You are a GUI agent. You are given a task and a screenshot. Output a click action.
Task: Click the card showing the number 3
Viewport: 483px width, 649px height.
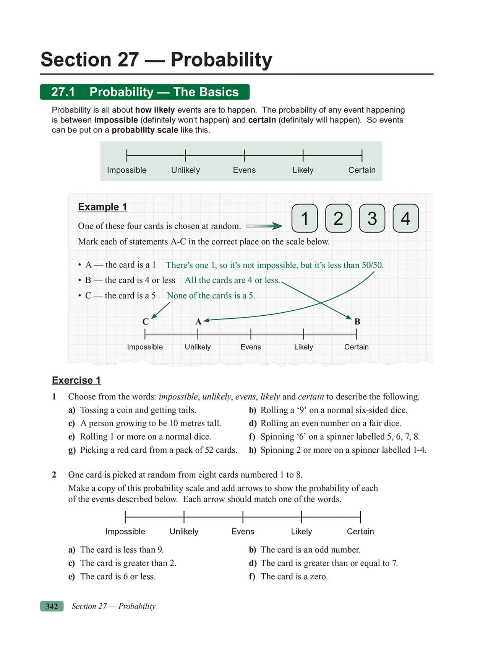pos(372,219)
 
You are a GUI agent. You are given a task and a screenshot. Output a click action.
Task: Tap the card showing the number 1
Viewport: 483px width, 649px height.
pos(305,219)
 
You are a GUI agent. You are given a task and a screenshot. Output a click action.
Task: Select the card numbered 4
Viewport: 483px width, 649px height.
pos(405,219)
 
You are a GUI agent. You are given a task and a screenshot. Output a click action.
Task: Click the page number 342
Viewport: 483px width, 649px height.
pos(52,606)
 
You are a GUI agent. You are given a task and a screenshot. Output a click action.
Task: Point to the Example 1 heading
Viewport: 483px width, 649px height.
pos(102,207)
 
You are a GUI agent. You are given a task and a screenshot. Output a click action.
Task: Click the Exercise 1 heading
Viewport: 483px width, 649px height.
pos(76,380)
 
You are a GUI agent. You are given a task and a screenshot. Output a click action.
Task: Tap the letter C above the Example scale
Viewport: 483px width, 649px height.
pos(145,322)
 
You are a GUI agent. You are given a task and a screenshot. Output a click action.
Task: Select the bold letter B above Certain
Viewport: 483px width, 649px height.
pos(357,322)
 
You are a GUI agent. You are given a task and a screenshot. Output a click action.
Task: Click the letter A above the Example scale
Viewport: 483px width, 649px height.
pos(198,322)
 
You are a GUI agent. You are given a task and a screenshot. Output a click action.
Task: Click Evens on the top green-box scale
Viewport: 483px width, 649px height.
pos(244,170)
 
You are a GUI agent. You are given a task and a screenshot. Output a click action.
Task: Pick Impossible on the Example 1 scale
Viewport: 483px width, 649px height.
pos(145,347)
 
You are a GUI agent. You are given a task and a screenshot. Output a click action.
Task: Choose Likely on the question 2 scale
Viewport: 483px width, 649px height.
pos(301,532)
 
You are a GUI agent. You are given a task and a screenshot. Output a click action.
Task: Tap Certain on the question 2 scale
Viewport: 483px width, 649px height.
pos(360,532)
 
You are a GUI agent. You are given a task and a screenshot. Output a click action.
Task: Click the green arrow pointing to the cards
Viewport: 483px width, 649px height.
pos(264,226)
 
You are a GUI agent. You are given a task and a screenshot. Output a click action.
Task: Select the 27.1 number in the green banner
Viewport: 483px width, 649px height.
pos(63,92)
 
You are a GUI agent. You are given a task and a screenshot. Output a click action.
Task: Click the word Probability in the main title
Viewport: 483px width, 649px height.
pos(221,60)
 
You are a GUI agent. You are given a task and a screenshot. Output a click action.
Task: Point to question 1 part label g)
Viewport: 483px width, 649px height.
pos(72,450)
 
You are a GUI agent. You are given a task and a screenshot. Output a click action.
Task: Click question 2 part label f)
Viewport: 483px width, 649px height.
pos(252,577)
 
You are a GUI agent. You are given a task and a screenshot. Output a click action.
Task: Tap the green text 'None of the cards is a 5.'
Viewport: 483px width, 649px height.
pos(211,295)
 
